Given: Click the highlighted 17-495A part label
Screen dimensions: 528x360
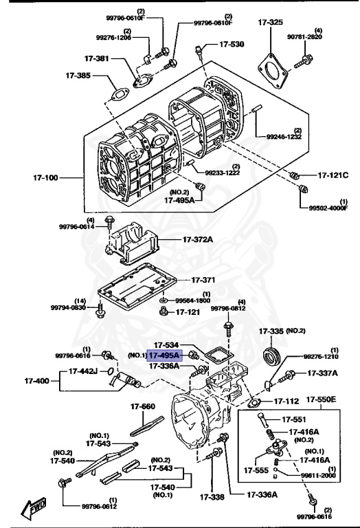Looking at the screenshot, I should (x=164, y=355).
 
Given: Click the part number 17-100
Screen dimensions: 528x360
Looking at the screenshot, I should (x=45, y=177).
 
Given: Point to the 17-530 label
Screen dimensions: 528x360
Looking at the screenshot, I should (x=232, y=45).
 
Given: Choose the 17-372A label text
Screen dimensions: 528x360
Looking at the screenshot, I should (x=198, y=239).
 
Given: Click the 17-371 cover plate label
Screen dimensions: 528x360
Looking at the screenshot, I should (x=203, y=280).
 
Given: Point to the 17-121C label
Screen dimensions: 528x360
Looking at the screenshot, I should (x=333, y=175).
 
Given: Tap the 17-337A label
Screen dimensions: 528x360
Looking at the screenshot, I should (x=322, y=373).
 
